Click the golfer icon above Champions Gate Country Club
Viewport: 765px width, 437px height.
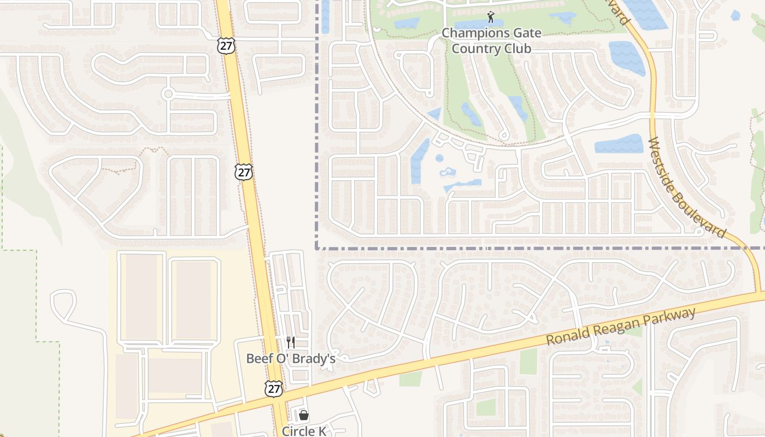click(491, 17)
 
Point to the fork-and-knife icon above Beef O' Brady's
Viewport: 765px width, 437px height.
click(291, 342)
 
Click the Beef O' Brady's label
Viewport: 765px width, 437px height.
click(291, 358)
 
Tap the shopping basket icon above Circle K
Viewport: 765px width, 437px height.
click(304, 416)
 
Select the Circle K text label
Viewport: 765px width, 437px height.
click(304, 431)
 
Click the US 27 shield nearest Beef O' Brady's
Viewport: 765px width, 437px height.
click(274, 388)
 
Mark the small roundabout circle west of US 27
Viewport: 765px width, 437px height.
click(168, 94)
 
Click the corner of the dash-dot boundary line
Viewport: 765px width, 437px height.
click(317, 248)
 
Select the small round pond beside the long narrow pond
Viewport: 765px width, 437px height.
click(439, 158)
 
